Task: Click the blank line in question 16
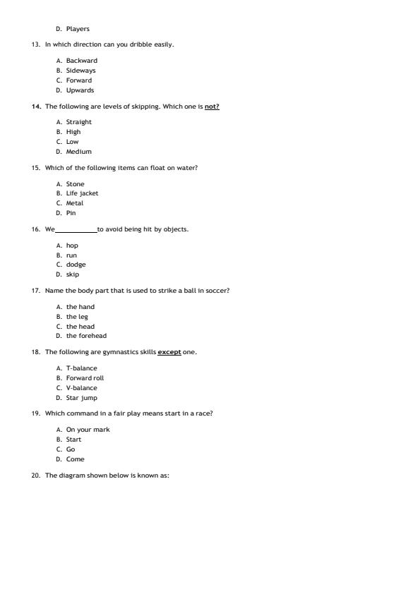point(76,229)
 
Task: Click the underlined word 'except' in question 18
point(169,352)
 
